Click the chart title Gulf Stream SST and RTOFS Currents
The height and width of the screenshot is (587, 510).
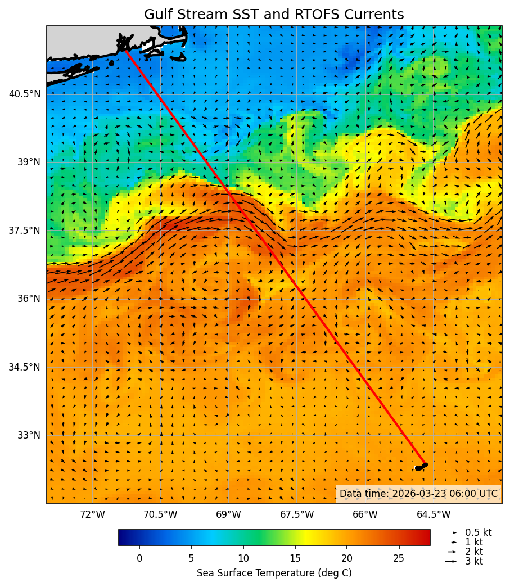coord(274,15)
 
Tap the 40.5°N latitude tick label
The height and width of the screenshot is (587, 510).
coord(25,94)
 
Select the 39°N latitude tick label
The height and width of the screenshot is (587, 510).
coord(28,162)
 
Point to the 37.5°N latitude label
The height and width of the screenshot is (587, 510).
coord(25,231)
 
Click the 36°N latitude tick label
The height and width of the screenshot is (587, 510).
coord(28,299)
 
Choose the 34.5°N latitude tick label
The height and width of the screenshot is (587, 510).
coord(25,367)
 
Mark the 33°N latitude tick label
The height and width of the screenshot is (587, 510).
coord(28,435)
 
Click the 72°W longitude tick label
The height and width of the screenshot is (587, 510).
coord(92,514)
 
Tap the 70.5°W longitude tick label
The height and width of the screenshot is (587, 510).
coord(160,514)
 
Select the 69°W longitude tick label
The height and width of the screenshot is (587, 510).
coord(228,514)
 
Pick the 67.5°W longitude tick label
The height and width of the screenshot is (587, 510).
coord(297,514)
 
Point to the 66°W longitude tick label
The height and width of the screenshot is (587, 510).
coord(365,514)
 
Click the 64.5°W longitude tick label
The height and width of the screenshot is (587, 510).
coord(434,514)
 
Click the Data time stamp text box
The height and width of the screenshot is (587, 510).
coord(418,494)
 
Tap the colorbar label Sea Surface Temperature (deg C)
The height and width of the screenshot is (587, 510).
coord(274,573)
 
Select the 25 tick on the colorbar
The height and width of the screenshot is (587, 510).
coord(399,558)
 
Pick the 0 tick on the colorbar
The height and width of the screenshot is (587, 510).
coord(139,558)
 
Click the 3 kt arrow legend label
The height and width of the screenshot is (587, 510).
coord(474,561)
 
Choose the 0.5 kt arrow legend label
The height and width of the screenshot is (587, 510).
coord(478,532)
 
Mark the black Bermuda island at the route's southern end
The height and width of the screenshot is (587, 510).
coord(421,467)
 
